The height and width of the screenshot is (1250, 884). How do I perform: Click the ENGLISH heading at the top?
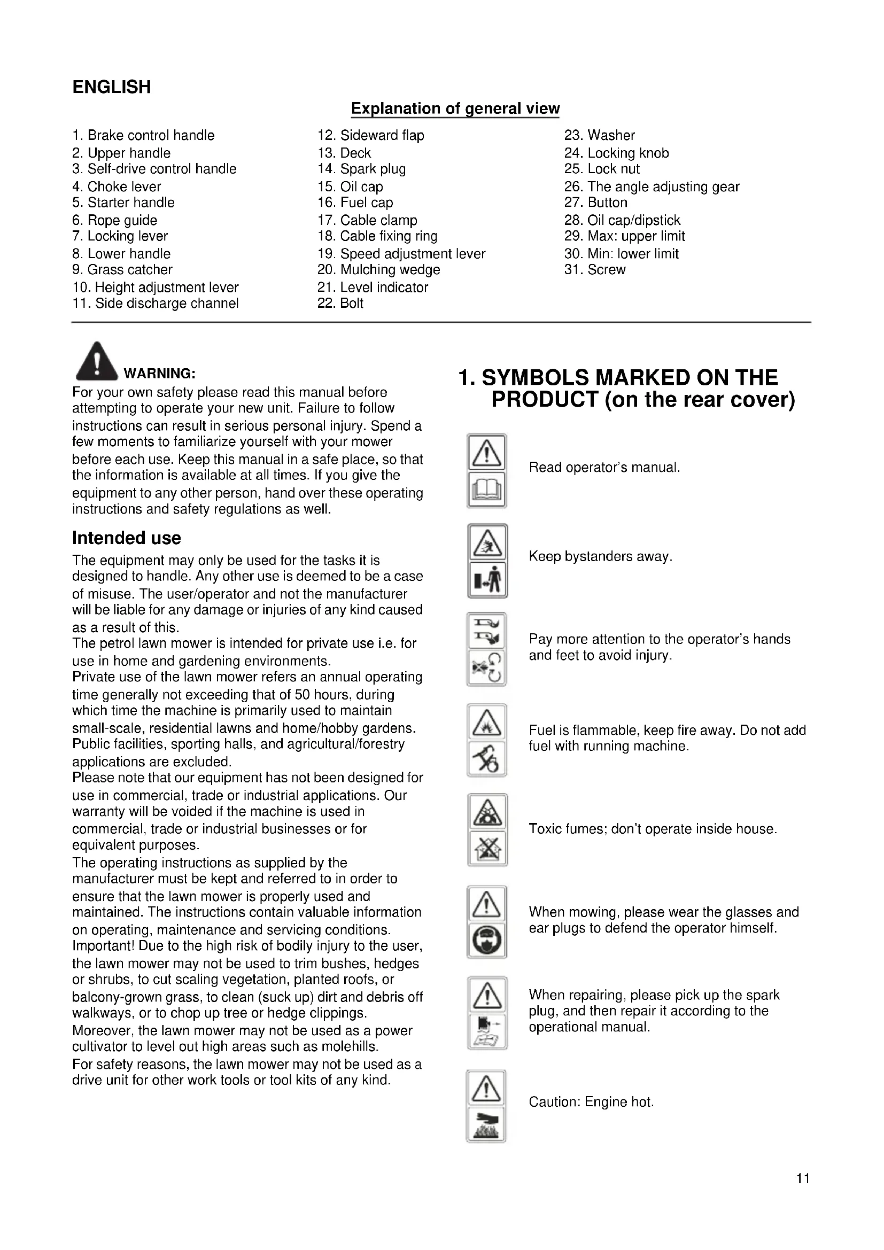click(112, 87)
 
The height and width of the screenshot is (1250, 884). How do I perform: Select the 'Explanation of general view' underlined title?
click(455, 108)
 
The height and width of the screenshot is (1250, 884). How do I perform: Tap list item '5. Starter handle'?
click(123, 203)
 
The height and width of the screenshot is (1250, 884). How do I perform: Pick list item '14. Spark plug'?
click(362, 169)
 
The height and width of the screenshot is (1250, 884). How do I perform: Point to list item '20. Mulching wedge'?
click(379, 269)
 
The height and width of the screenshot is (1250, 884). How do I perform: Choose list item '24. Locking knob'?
click(617, 153)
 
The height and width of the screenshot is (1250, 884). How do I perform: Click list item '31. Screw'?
click(595, 269)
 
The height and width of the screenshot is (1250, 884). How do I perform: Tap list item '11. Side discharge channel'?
click(156, 303)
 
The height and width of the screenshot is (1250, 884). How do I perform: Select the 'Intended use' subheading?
click(126, 538)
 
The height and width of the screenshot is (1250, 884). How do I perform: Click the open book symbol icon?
click(487, 491)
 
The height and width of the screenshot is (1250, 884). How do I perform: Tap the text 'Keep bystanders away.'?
click(600, 556)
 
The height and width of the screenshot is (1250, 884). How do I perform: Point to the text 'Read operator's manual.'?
click(604, 467)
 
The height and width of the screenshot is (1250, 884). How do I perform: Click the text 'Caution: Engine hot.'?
click(591, 1102)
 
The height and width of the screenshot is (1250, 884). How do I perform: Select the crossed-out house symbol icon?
click(488, 848)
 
